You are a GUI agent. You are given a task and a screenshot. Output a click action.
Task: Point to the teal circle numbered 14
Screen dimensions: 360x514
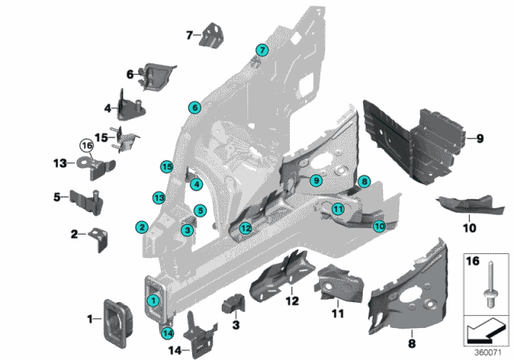[x=168, y=333]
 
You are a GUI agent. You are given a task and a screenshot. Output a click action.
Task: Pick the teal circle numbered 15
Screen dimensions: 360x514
[x=166, y=166]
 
